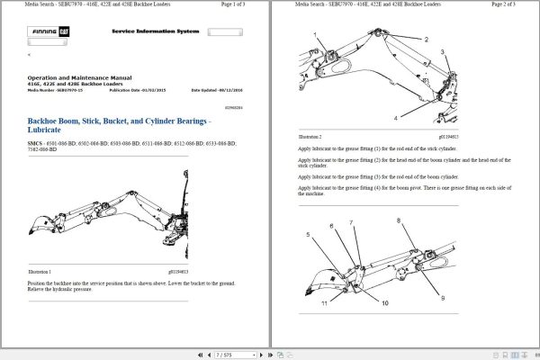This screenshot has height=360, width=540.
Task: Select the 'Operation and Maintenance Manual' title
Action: [x=80, y=78]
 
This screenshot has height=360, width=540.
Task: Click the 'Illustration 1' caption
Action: [x=39, y=271]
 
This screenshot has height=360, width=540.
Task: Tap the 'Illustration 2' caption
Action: [x=310, y=135]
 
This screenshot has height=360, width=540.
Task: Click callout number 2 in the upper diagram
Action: [x=427, y=40]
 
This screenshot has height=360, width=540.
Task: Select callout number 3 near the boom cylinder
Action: [x=442, y=52]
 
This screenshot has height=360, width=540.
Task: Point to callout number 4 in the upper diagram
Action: [x=395, y=118]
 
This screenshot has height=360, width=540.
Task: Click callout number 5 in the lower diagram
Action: [x=308, y=234]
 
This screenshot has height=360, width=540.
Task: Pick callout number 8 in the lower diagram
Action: [x=399, y=220]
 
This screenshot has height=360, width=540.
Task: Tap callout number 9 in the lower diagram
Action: [x=442, y=298]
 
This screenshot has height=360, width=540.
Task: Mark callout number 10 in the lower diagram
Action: [x=384, y=303]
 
